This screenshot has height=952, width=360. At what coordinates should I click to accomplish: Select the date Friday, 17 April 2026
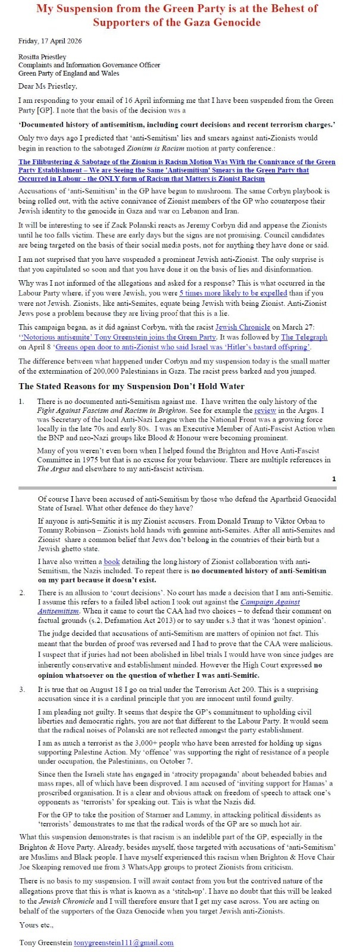(50, 41)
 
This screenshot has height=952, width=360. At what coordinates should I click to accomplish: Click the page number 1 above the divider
(334, 479)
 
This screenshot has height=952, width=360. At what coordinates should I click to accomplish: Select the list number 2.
(22, 593)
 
